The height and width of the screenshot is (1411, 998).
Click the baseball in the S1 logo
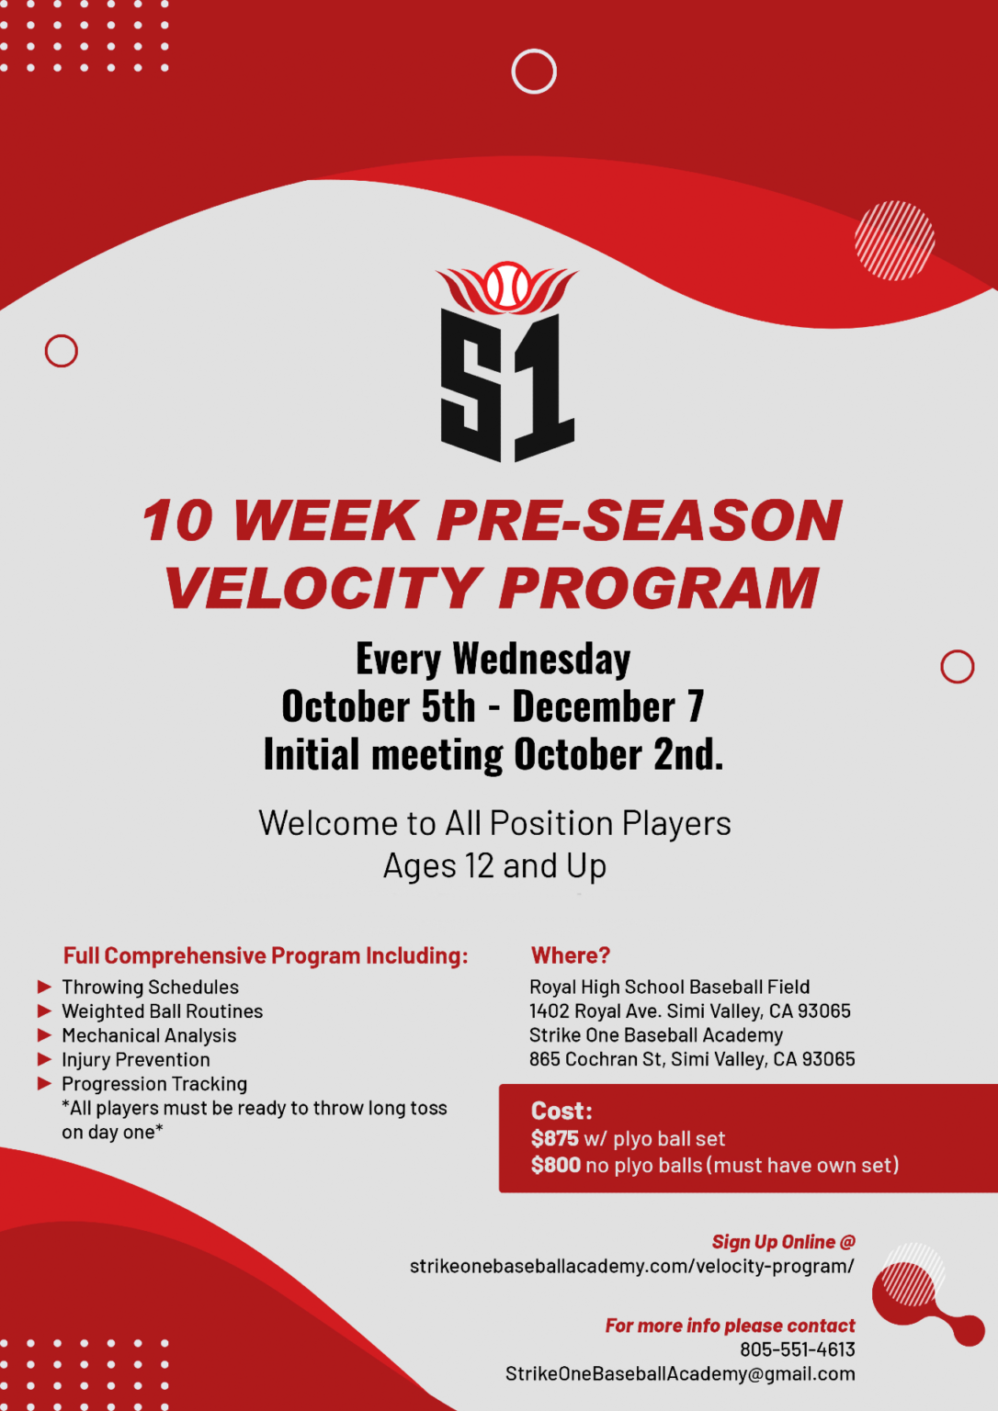click(x=507, y=286)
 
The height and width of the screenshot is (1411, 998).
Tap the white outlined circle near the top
click(x=534, y=72)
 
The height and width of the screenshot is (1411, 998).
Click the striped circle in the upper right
click(x=894, y=241)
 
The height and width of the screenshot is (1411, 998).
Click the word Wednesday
click(x=541, y=660)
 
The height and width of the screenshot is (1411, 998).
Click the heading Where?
click(x=571, y=955)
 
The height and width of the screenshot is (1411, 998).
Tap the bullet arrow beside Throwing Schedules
click(x=44, y=987)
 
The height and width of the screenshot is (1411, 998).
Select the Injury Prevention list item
click(x=136, y=1059)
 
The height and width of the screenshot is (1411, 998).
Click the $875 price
click(x=555, y=1139)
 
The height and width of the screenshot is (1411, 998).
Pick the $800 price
click(x=556, y=1166)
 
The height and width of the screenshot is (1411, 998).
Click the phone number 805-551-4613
click(x=797, y=1349)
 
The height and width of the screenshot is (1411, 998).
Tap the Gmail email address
click(x=680, y=1373)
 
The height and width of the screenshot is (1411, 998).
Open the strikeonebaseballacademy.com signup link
click(x=631, y=1266)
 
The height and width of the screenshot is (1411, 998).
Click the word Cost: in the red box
click(x=561, y=1112)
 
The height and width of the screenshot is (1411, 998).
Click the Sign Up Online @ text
click(x=783, y=1242)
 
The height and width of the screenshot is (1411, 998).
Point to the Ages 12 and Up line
click(x=494, y=866)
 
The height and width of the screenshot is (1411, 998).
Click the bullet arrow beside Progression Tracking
click(x=44, y=1084)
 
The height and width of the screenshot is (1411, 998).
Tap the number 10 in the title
click(x=178, y=521)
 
